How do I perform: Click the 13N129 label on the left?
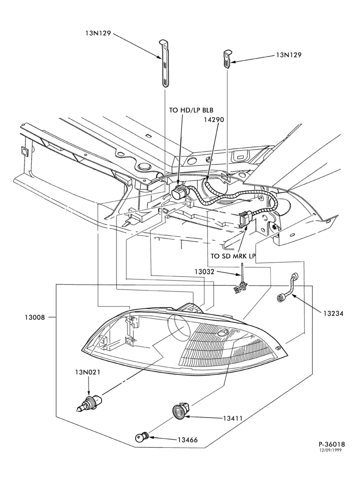click(x=98, y=34)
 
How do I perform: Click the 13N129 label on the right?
click(x=289, y=55)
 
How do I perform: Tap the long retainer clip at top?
click(x=165, y=63)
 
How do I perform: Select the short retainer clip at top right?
click(x=226, y=58)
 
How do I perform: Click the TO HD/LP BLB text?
click(x=191, y=110)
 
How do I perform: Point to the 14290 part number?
click(x=214, y=119)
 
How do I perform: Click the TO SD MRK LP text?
click(x=233, y=256)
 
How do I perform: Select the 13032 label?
click(x=205, y=271)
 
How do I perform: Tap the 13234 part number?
click(x=333, y=313)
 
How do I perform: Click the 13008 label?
click(x=35, y=317)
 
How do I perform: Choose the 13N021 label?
click(x=88, y=372)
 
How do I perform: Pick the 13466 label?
click(x=188, y=440)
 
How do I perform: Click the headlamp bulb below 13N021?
click(x=89, y=402)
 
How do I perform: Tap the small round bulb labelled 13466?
click(x=142, y=437)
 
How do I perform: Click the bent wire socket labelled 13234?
click(x=290, y=285)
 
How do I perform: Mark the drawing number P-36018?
click(x=332, y=444)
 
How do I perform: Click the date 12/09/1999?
click(x=331, y=450)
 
